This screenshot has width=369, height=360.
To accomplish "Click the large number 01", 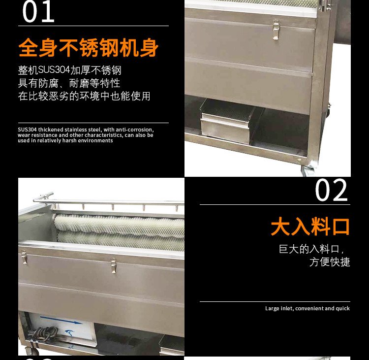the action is pos(38,11).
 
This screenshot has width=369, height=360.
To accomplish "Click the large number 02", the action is pos(331,190).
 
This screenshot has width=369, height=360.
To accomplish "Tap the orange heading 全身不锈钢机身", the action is pos(88,48).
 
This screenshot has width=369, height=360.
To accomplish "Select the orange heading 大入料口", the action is pos(310,227).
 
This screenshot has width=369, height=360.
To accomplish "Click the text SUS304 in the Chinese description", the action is pos(54,70).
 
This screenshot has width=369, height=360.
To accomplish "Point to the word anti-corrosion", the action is pos(135,130).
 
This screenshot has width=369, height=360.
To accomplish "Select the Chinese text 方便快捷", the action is pos(330,262).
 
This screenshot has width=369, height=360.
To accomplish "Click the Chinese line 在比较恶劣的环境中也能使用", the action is pos(84,96).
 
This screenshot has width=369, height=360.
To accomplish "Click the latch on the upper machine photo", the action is pos(276,30).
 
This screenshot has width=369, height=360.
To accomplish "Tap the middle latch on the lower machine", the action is pos(114,265).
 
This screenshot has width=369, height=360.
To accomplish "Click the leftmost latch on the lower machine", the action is pos(24,257).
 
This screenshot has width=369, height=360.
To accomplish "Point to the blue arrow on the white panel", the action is pos(61,320).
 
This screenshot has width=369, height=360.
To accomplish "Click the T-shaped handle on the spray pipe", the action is pos(45,196).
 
